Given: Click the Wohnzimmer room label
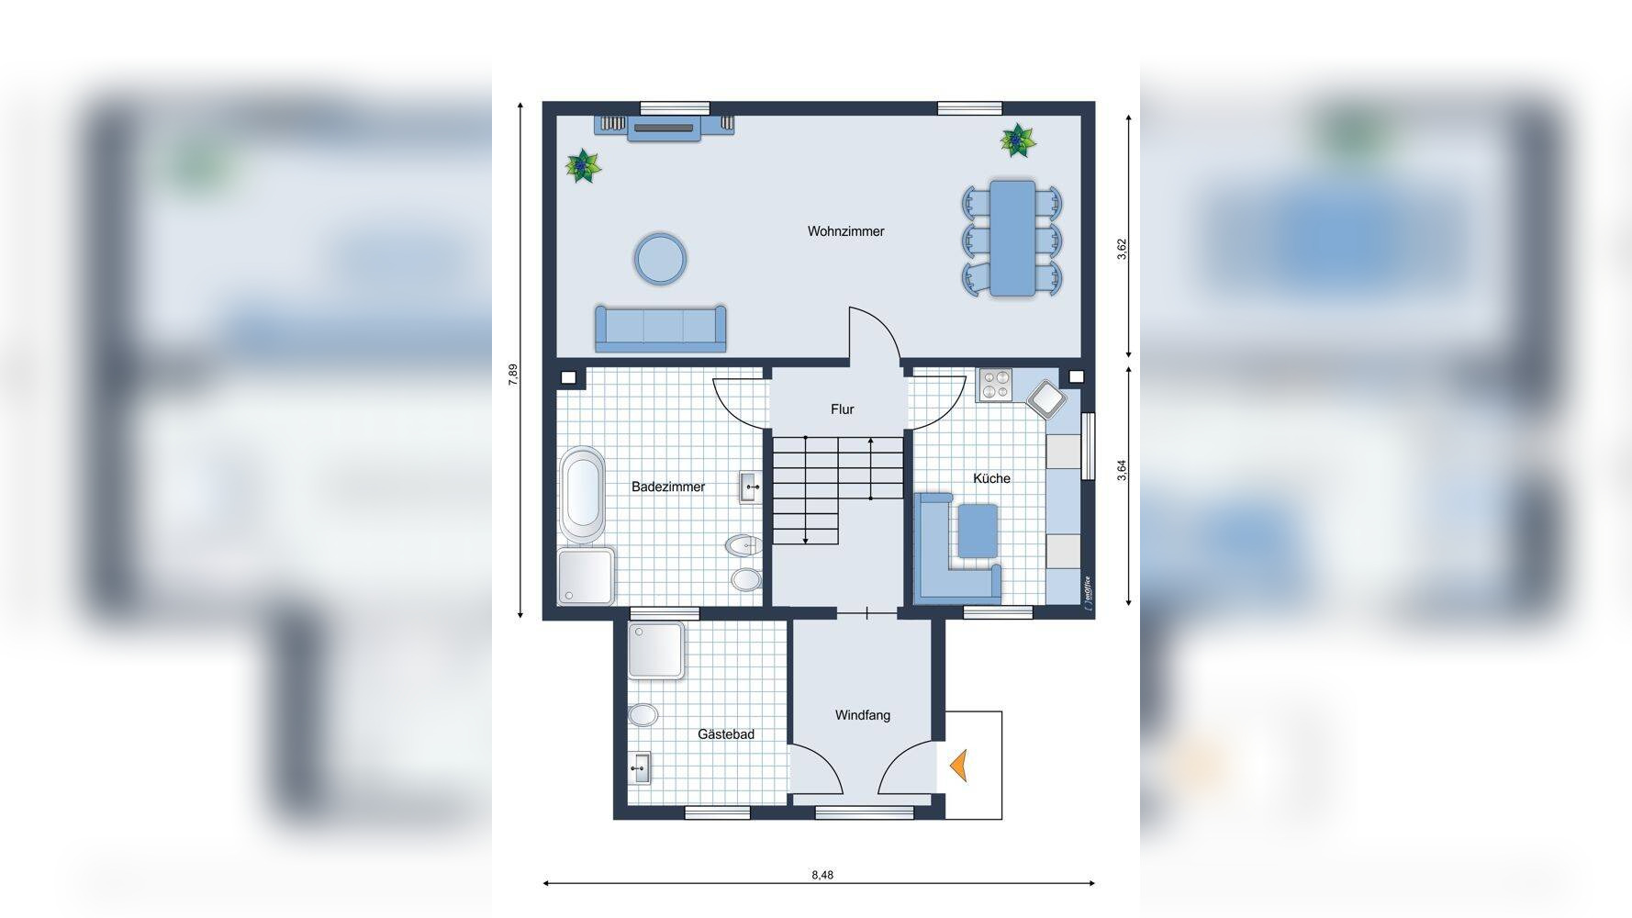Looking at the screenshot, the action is pos(845,231).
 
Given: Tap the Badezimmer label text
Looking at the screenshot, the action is pos(668,487).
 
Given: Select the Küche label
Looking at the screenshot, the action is pos(991,478).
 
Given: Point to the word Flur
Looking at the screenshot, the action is pos(842,409).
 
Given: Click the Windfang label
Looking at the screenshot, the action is pos(862,715).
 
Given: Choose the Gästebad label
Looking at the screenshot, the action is pos(725,734).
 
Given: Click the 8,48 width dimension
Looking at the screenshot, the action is pos(822,875).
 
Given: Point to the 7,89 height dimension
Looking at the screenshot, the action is pos(513,375).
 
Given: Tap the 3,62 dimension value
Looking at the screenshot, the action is pos(1122,250).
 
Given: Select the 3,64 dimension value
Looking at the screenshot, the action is pos(1122,470).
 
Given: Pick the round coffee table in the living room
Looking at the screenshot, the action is pos(659,259).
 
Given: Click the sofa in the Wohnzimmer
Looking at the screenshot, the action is pos(660,329).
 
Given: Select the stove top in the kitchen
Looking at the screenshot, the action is pos(994,385).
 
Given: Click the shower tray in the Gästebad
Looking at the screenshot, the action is pos(655,650).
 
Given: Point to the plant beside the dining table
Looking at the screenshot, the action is pos(1017,140).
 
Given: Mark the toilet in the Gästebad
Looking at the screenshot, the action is pos(643,714).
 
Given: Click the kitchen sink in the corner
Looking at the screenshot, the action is pos(1046,399).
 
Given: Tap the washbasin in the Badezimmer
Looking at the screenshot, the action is pos(749,487).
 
